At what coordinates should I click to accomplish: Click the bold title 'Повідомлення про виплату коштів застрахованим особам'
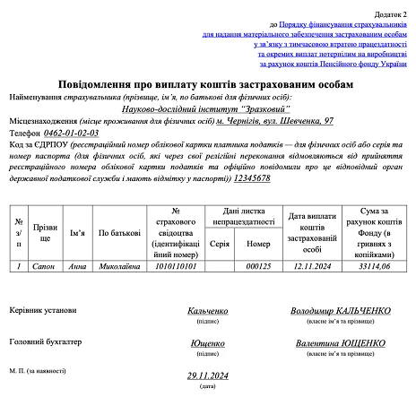coord(206,83)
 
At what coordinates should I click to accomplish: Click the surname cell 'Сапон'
coord(44,266)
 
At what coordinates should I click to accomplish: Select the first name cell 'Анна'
coord(77,266)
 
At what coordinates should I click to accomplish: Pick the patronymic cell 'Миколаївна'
coord(119,266)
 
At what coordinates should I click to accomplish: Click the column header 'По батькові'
coord(119,233)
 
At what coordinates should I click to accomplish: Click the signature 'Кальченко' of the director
coord(207,310)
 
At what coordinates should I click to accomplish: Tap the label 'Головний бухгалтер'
coord(48,341)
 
